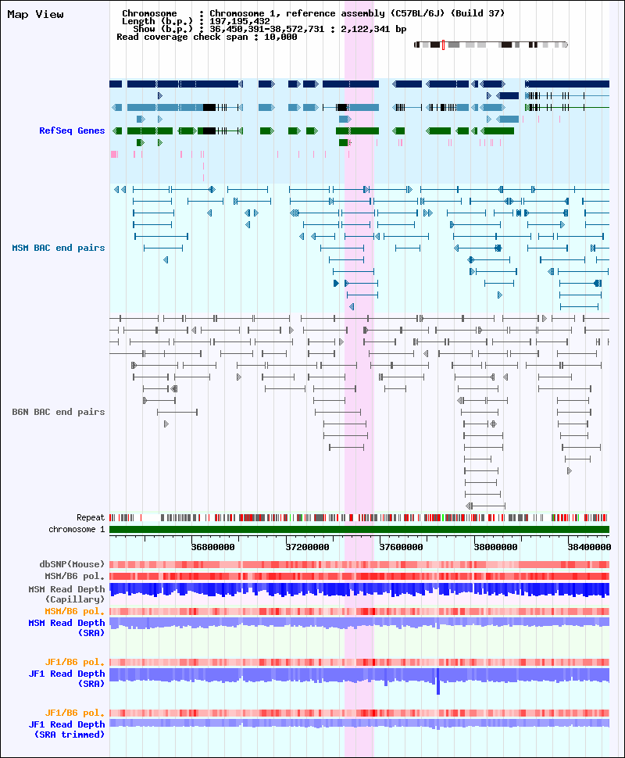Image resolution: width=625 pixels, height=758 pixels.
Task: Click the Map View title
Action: pos(35,15)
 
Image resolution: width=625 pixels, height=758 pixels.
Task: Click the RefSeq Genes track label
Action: pos(72,131)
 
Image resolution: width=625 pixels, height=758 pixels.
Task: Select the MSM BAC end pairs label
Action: pos(59,248)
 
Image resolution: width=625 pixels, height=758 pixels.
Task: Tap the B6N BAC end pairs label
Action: pos(59,412)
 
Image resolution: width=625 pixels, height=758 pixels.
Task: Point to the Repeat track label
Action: pos(91,518)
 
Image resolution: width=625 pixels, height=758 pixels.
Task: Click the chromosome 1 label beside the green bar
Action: pos(77,529)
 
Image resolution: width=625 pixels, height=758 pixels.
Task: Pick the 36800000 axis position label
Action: pos(212,547)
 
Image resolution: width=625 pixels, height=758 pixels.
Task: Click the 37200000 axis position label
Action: pos(308,547)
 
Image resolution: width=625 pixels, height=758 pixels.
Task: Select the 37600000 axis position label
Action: pos(402,547)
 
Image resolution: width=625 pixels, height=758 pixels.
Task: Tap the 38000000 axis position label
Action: pos(495,547)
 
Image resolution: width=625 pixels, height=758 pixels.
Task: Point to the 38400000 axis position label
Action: pos(589,547)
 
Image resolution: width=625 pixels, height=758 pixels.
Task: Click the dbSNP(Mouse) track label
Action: pos(72,564)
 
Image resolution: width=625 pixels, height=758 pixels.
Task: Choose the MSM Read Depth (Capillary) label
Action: pos(66,594)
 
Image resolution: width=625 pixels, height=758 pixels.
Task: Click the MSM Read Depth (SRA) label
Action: pos(66,628)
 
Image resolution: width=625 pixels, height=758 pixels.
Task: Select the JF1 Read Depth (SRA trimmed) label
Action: pos(66,730)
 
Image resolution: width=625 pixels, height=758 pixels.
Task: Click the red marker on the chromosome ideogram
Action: pos(443,45)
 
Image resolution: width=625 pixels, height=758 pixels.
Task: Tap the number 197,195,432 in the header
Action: pos(240,21)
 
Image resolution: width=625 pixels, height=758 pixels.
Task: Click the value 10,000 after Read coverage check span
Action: pos(280,37)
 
